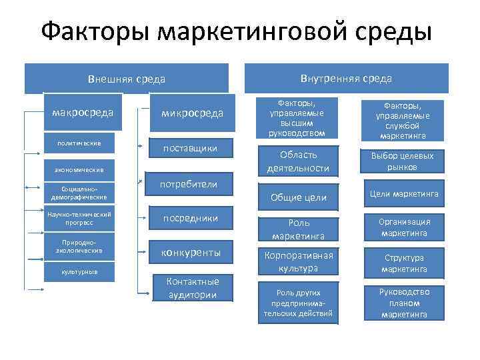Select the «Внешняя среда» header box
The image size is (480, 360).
[x=127, y=79]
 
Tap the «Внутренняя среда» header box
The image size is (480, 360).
[x=346, y=79]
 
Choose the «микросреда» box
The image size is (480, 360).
[x=192, y=113]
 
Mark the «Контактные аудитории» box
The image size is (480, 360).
[x=192, y=287]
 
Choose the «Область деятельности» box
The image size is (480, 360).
[x=298, y=161]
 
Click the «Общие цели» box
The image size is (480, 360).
[x=298, y=197]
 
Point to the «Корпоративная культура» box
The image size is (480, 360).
[x=298, y=261]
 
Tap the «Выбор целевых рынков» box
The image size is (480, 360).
[x=403, y=161]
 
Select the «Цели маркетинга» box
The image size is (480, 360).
[x=404, y=193]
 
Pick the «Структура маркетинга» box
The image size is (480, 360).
[x=404, y=263]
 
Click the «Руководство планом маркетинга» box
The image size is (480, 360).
[x=404, y=303]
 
